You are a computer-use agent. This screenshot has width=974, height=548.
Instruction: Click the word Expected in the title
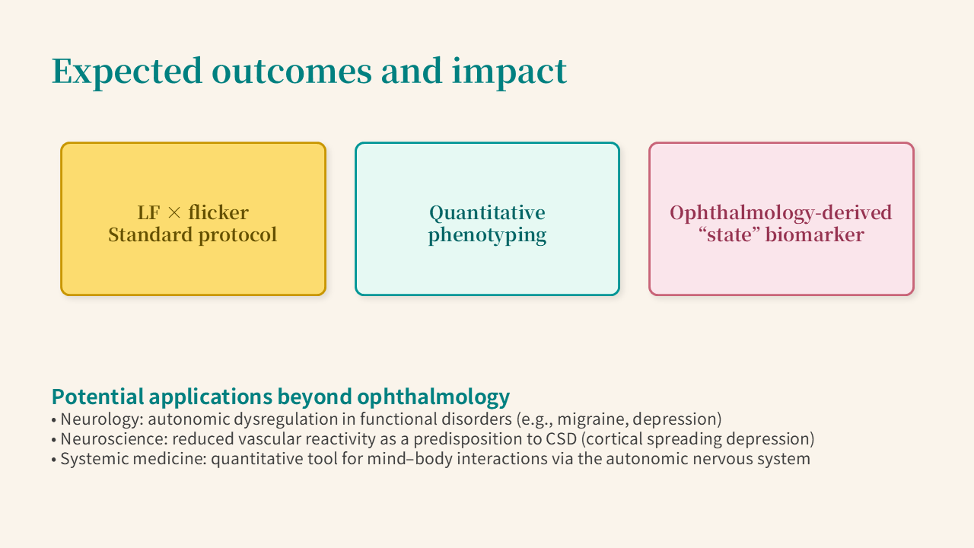[x=127, y=72]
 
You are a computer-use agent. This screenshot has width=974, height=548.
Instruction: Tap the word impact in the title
[x=509, y=72]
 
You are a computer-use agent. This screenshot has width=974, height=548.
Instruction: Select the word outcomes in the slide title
[x=291, y=71]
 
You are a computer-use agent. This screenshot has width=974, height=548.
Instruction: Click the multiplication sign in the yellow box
[x=174, y=212]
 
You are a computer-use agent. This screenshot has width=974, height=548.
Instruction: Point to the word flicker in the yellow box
[x=218, y=212]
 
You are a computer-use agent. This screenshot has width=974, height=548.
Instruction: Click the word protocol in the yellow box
[x=237, y=235]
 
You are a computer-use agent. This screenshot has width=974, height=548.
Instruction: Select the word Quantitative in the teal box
[x=487, y=213]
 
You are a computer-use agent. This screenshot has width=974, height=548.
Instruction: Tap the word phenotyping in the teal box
[x=487, y=235]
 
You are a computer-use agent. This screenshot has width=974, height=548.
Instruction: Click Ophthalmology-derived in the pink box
[x=781, y=213]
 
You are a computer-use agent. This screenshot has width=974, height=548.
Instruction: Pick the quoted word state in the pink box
[x=730, y=235]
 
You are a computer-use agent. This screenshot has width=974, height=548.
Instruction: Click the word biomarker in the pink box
[x=814, y=235]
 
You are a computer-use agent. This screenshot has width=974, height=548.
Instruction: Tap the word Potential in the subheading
[x=98, y=397]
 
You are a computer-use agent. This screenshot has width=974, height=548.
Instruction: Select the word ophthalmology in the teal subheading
[x=434, y=397]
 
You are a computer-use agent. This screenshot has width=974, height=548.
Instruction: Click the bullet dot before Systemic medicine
[x=54, y=459]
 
